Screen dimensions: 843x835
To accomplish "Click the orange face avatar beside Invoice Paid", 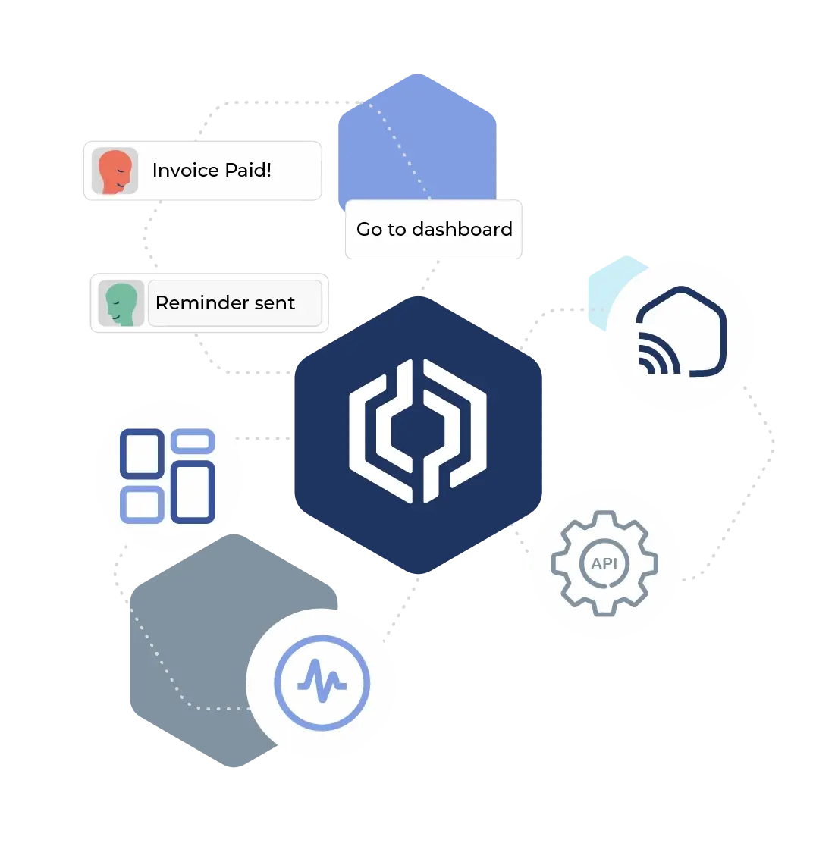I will [115, 171].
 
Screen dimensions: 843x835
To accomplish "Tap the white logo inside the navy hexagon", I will [418, 431].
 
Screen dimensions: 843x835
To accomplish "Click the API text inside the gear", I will [604, 564].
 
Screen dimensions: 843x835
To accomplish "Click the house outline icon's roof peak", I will [682, 290].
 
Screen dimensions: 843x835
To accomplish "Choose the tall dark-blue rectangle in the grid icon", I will [193, 492].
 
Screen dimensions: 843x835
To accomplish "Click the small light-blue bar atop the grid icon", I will [193, 441].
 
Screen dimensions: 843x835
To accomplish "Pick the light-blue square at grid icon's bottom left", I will [142, 505].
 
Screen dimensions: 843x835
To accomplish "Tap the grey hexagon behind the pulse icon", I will [190, 644].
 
